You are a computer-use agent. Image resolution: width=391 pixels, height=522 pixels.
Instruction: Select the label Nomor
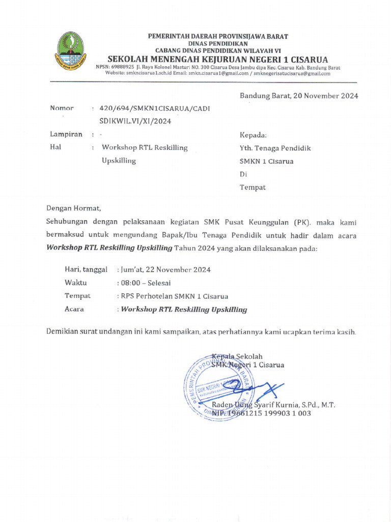point(62,108)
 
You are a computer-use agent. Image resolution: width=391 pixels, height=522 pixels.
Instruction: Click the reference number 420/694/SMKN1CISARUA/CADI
point(154,109)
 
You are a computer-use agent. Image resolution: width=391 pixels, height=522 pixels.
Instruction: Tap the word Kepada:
point(253,135)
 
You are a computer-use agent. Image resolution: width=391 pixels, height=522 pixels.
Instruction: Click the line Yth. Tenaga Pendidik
point(275,148)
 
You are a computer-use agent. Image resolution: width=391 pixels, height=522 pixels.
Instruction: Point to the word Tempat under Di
point(253,188)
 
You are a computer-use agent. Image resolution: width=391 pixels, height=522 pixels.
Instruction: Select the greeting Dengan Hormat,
point(74,208)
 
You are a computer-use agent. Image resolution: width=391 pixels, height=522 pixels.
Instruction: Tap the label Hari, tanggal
point(86,269)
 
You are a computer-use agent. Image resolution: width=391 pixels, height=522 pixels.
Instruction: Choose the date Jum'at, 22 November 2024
point(165,270)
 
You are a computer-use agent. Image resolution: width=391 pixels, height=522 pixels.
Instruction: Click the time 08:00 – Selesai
point(146,283)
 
